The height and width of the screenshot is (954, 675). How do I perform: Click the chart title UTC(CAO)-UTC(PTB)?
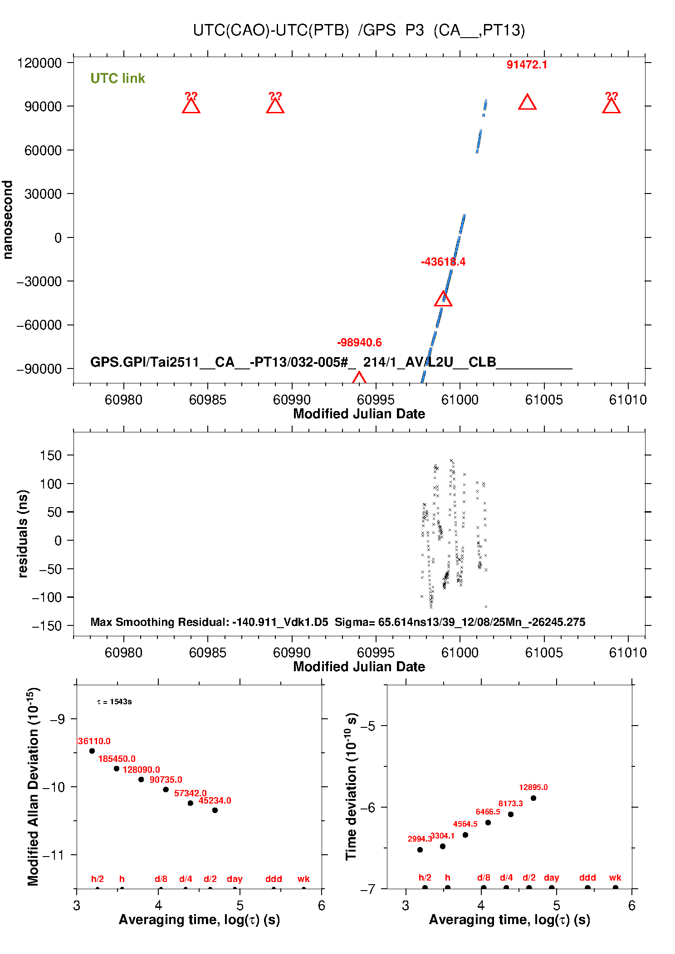click(271, 30)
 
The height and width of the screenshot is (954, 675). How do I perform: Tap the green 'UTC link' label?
click(117, 78)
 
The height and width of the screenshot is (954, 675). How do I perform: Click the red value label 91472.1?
click(527, 65)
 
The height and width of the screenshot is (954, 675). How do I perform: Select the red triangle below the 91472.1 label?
click(527, 103)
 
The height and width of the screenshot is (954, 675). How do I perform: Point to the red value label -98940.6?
click(359, 343)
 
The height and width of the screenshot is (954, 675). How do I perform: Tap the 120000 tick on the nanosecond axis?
click(39, 63)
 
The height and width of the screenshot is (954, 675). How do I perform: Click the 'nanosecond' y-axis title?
click(8, 220)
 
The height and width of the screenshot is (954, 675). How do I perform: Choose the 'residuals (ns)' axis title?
click(23, 533)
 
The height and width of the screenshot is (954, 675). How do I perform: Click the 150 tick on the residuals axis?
click(51, 455)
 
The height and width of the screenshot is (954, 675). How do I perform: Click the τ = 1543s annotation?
click(114, 702)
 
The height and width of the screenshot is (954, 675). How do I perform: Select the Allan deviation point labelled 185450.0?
click(117, 769)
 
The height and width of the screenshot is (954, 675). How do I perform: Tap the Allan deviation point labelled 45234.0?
click(215, 810)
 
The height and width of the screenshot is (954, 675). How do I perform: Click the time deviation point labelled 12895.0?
click(533, 798)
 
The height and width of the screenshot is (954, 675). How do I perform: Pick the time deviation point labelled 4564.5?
click(465, 835)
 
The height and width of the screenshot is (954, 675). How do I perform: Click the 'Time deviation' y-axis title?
click(352, 786)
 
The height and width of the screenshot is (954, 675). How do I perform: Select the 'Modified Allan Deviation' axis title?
click(33, 786)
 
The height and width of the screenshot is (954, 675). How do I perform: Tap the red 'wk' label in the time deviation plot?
click(615, 877)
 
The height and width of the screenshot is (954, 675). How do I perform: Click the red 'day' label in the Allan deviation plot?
click(235, 879)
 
